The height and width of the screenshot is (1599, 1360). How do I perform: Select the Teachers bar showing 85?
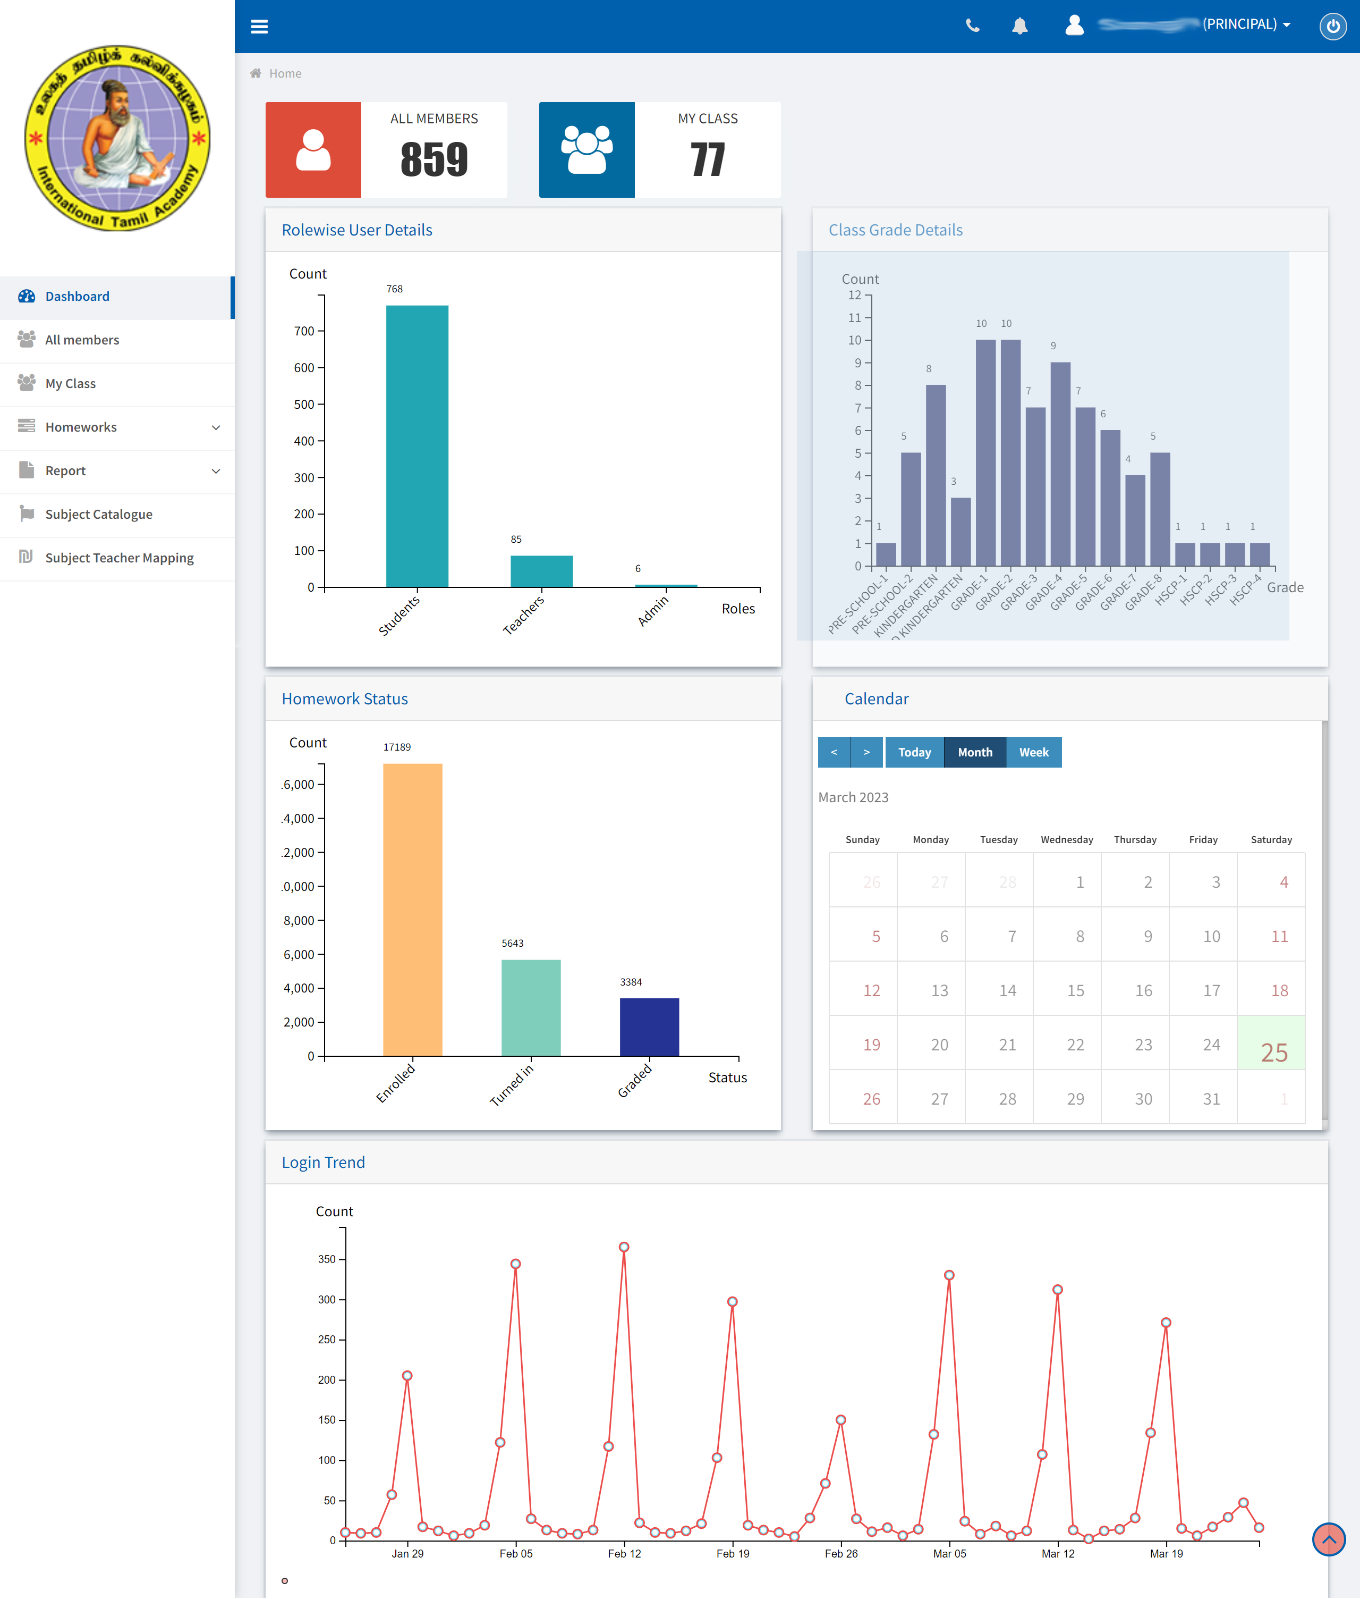(541, 571)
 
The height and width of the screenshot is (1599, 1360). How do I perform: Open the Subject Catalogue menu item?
(99, 515)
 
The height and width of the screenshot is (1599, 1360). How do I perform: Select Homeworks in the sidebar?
(81, 427)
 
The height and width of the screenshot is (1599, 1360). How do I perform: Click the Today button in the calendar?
(914, 752)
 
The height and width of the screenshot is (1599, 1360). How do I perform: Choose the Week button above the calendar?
(1033, 752)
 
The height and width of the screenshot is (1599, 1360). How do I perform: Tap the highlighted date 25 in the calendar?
(1273, 1051)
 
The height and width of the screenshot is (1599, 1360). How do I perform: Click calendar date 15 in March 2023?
(1075, 990)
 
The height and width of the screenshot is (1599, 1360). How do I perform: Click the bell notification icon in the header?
(1019, 26)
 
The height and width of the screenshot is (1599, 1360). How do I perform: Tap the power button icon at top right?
(1332, 26)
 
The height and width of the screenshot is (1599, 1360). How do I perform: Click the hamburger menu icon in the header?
(259, 26)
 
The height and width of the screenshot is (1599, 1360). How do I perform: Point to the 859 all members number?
(434, 159)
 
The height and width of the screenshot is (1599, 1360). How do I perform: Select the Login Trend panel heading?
(323, 1163)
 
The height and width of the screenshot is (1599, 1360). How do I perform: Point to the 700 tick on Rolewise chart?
(304, 331)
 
